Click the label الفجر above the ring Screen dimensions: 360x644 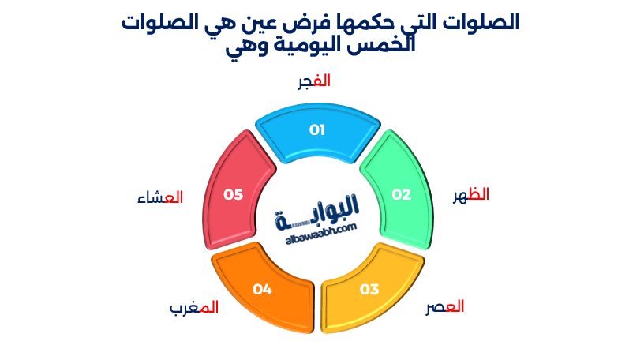(313, 81)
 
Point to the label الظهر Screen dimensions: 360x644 (470, 195)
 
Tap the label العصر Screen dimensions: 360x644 (445, 307)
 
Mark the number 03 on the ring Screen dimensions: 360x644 (369, 289)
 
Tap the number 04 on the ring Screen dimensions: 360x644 (262, 289)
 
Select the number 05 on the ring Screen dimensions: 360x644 (233, 194)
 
